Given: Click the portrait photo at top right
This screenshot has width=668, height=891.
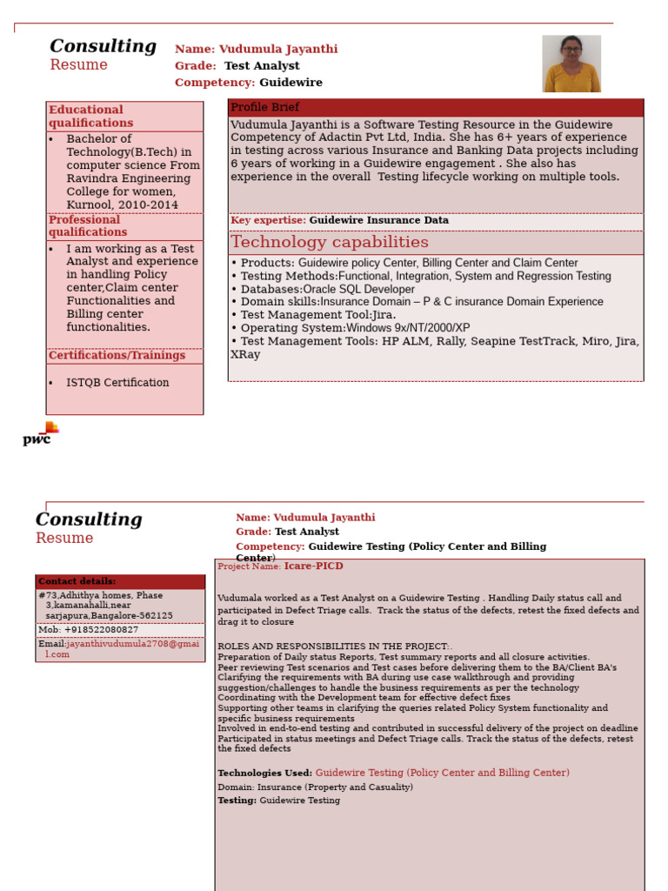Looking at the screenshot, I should [571, 64].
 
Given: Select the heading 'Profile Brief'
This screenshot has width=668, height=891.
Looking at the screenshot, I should [264, 107].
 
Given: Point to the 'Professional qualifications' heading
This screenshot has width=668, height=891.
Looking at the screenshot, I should [87, 226].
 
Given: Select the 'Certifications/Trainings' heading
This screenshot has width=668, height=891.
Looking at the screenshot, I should [117, 355].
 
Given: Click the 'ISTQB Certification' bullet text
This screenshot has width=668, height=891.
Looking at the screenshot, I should [117, 383].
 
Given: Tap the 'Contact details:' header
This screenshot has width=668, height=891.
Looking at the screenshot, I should [77, 581].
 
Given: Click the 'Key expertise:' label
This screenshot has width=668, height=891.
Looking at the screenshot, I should [268, 221].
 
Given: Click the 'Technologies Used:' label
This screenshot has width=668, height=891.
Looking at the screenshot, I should [264, 773].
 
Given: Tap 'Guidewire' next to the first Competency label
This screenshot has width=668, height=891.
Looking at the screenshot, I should [291, 83].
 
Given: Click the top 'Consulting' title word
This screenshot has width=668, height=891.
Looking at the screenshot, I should [103, 47].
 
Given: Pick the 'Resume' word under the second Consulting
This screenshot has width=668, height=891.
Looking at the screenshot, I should [64, 538].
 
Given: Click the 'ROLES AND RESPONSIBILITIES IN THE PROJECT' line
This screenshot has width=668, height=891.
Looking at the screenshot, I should [335, 646].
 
